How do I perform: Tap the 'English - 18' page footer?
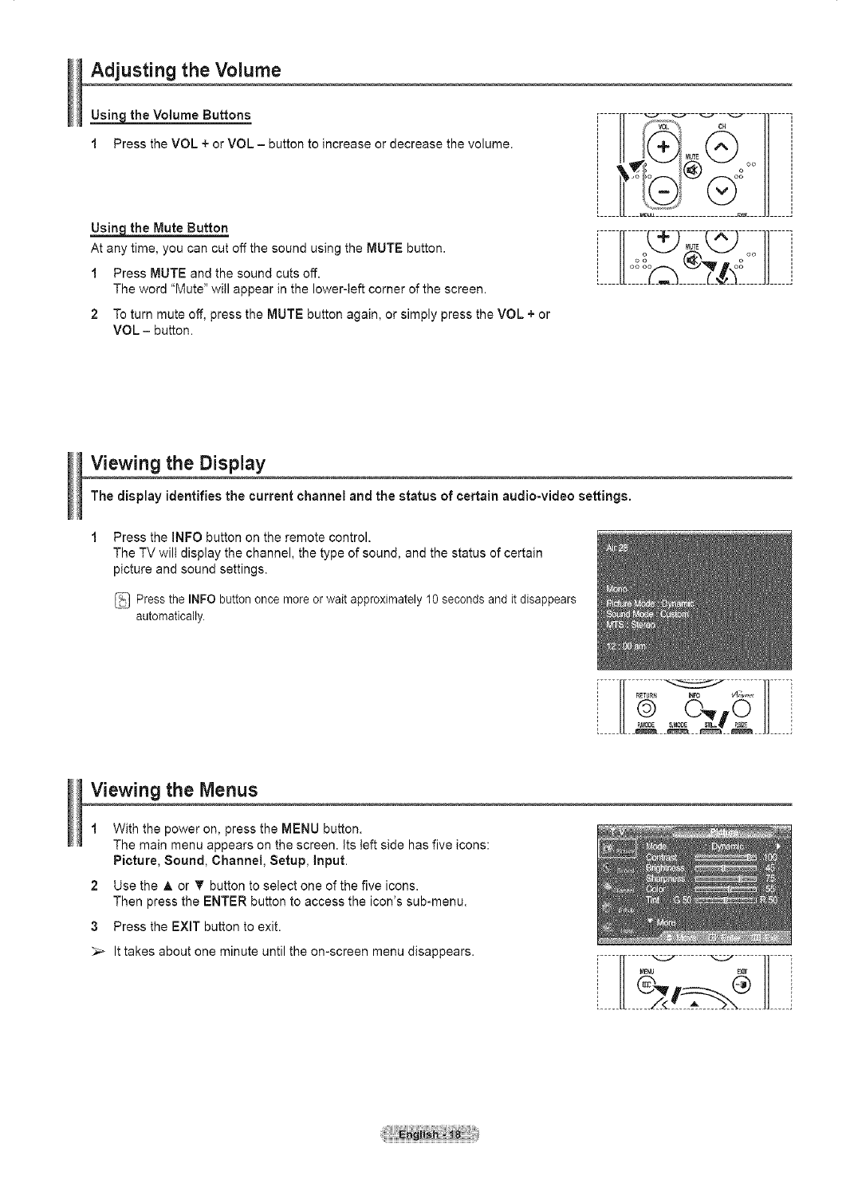(425, 1135)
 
